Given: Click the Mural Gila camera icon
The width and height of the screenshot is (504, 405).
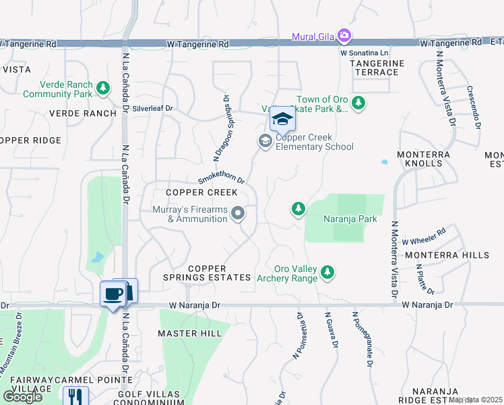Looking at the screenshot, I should (344, 35).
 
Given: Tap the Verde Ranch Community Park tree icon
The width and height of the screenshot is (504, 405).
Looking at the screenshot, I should (102, 88).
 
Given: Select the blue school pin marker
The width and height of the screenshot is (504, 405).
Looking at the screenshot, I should (282, 119).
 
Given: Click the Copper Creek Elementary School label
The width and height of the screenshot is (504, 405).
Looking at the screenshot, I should (314, 142).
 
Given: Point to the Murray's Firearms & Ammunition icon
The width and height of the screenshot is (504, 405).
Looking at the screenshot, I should (237, 214).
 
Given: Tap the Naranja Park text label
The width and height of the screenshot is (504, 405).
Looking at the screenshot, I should (340, 219).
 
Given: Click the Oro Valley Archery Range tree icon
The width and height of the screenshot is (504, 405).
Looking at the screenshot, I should (327, 272).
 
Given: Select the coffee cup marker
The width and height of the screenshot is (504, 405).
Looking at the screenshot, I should (112, 294).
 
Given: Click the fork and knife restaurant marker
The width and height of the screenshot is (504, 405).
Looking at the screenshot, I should (75, 398).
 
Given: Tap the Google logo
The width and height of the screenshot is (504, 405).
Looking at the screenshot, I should (22, 396).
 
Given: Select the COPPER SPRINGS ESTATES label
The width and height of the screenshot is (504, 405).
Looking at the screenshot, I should (210, 273).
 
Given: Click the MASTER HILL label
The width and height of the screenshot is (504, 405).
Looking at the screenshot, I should (190, 333).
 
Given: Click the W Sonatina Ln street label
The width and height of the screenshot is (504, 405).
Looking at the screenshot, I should (365, 52).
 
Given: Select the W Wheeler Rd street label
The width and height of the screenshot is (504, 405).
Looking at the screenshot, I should (424, 236).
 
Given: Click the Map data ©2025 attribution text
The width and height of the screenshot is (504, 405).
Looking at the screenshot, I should (476, 400).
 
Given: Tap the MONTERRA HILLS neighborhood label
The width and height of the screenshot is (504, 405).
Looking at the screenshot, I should (447, 255).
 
